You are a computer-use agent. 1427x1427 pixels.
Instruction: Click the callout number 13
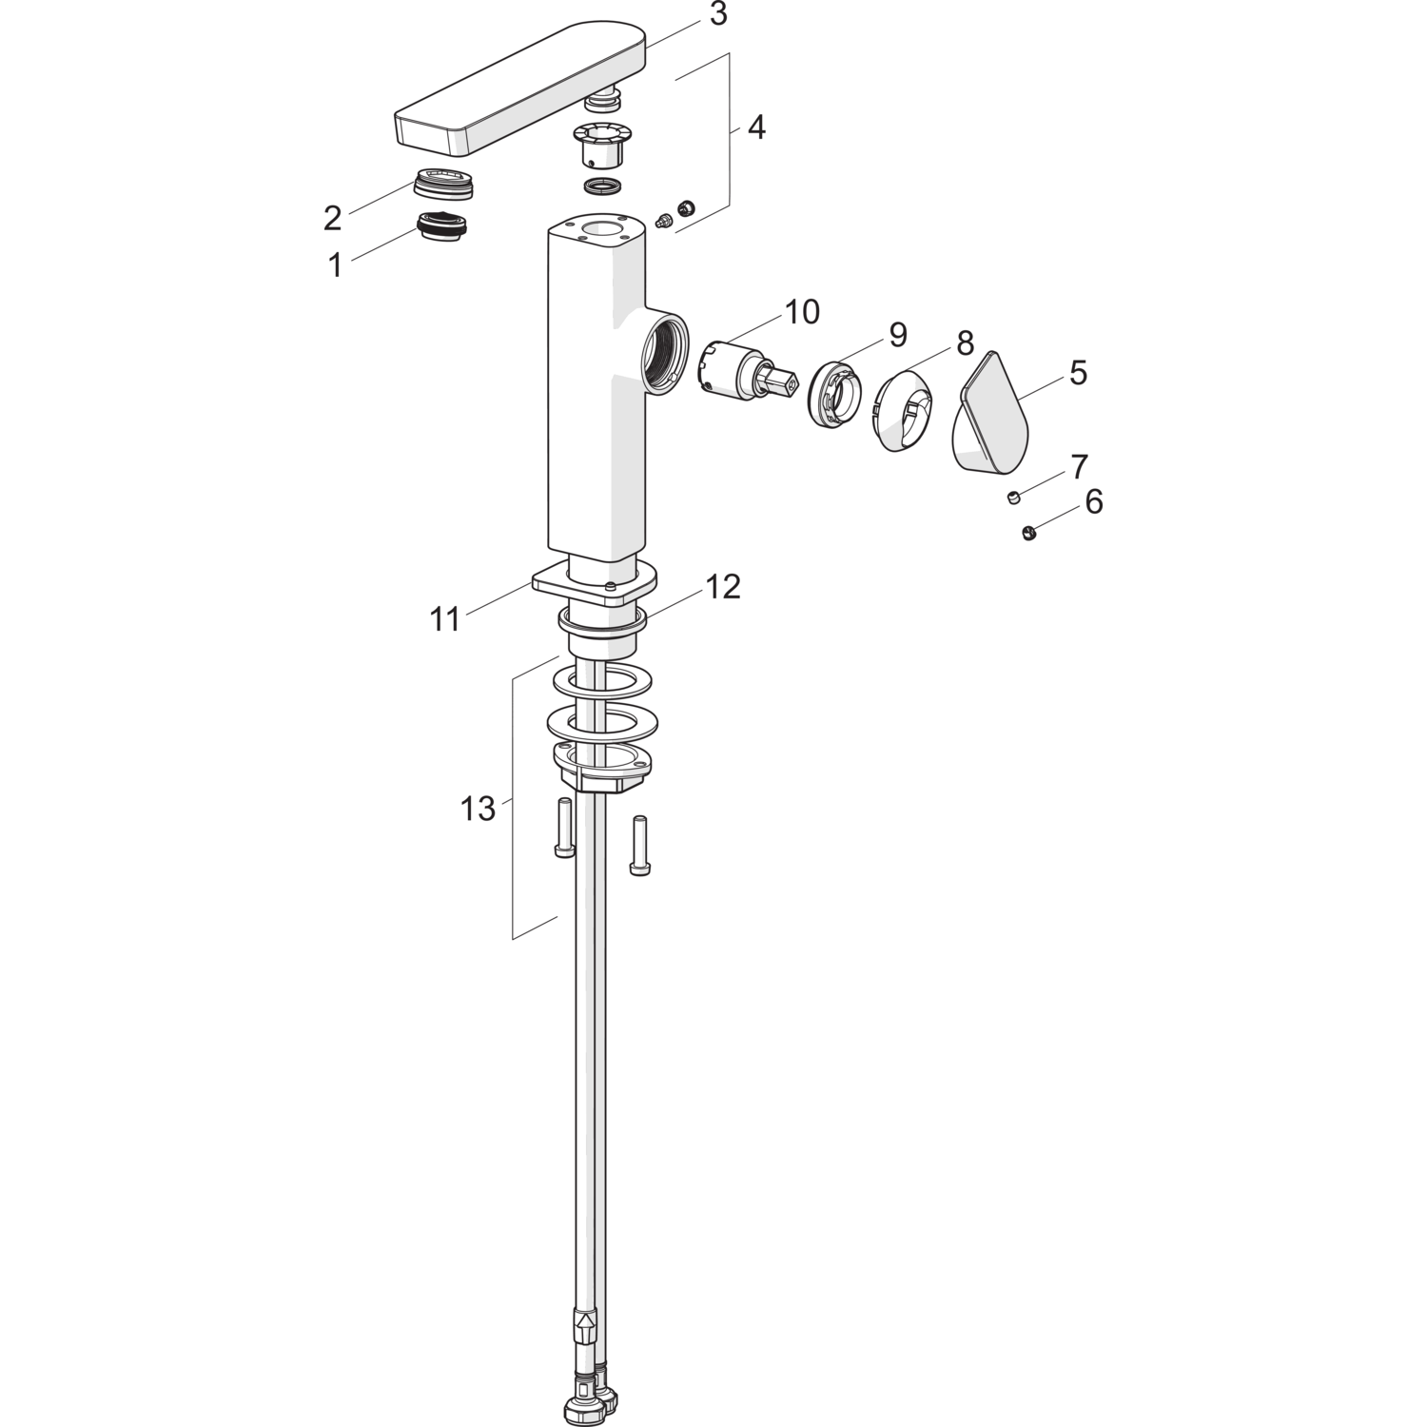coord(479,810)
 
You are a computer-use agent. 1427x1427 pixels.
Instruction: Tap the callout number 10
coord(802,312)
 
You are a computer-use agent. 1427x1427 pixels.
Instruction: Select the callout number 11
coord(445,620)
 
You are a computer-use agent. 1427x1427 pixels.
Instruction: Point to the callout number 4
coord(755,127)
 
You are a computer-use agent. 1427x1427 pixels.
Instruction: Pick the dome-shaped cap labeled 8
coord(902,410)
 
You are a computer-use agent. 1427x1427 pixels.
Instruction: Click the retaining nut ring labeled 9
coord(835,391)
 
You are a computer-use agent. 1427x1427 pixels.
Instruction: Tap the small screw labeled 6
coord(1027,533)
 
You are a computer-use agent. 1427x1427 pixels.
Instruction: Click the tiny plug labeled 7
coord(1015,497)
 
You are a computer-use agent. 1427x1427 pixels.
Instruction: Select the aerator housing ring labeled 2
coord(444,182)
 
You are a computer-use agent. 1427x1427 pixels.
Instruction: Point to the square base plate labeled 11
coord(595,582)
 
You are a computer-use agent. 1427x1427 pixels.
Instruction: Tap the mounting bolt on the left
coord(564,829)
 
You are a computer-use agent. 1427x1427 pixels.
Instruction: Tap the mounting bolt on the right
coord(638,846)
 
